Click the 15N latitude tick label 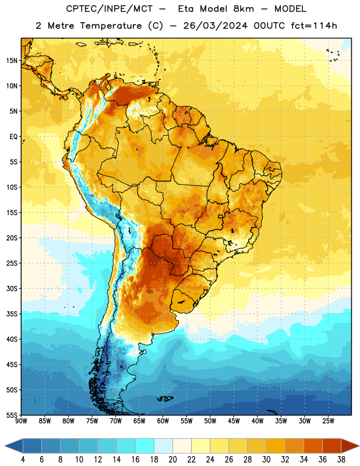click(12, 61)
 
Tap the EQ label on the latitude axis click(13, 137)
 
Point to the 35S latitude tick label click(12, 314)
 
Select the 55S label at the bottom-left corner click(12, 415)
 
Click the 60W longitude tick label click(163, 421)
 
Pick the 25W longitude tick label click(328, 421)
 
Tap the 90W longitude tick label click(21, 421)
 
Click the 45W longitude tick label click(234, 421)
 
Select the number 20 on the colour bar click(172, 460)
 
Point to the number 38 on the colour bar click(341, 460)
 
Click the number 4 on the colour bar click(23, 460)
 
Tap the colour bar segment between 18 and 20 click(163, 446)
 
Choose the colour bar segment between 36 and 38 click(332, 446)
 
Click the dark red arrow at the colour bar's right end click(349, 446)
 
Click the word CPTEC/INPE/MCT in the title click(109, 9)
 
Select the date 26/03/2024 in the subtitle click(215, 26)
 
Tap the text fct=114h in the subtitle click(314, 26)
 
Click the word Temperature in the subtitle click(111, 26)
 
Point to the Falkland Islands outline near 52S click(165, 398)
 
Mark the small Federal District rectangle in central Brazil click(221, 216)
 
